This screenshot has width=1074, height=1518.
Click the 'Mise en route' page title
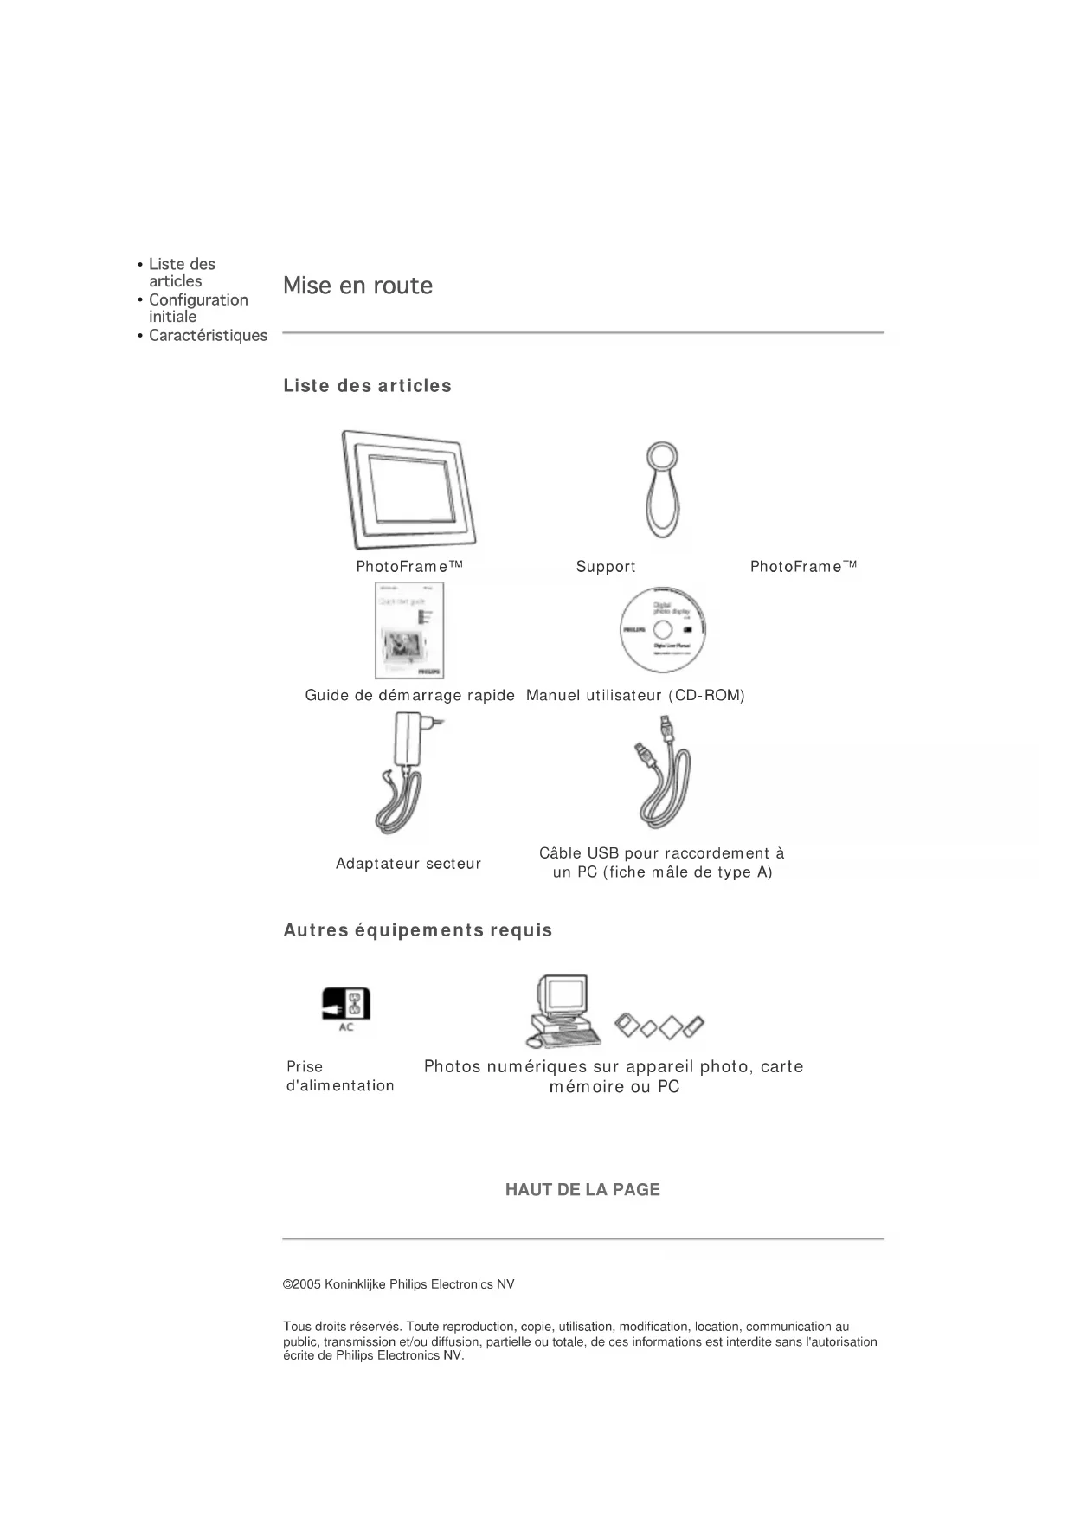tap(357, 286)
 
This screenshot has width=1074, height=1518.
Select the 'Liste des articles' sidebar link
tap(181, 273)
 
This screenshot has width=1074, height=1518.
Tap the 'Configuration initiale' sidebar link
tap(197, 308)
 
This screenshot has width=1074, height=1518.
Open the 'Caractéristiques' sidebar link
tap(208, 336)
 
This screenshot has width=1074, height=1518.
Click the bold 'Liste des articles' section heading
tap(367, 386)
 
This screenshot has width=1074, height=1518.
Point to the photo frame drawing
tap(414, 489)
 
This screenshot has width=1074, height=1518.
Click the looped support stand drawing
tap(662, 489)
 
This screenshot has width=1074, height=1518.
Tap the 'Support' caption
tap(606, 567)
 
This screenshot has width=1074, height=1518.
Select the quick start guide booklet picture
tap(409, 630)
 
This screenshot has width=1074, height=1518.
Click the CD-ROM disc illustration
tap(662, 629)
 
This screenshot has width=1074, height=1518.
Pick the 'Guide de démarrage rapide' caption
tap(409, 696)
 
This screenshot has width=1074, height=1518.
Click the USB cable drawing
tap(663, 772)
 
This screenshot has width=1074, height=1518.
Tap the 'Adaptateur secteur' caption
tap(408, 864)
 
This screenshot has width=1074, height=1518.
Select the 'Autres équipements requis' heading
tap(418, 930)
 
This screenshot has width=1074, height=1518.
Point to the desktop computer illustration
tap(564, 1010)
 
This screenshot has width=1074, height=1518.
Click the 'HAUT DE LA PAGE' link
tap(582, 1190)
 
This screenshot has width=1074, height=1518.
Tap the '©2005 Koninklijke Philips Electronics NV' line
tap(399, 1284)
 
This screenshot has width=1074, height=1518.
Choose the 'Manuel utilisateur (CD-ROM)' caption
tap(635, 696)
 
